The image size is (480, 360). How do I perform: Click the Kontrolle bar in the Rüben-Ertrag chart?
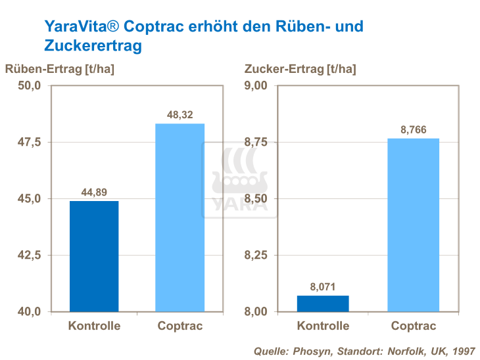pyautogui.click(x=93, y=256)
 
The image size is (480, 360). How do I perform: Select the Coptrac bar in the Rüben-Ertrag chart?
pyautogui.click(x=180, y=217)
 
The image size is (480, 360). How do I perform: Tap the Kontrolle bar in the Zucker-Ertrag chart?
pyautogui.click(x=322, y=304)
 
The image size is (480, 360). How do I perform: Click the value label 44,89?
pyautogui.click(x=95, y=192)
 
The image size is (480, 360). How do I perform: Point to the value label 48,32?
pyautogui.click(x=180, y=115)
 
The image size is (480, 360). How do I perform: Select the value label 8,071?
pyautogui.click(x=322, y=286)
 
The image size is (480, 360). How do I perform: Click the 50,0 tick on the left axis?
pyautogui.click(x=29, y=86)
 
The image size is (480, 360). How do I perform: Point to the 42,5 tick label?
pyautogui.click(x=29, y=255)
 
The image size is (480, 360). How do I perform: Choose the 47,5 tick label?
pyautogui.click(x=29, y=143)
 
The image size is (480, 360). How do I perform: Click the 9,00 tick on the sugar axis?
pyautogui.click(x=256, y=86)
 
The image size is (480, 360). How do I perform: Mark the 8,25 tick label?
pyautogui.click(x=256, y=255)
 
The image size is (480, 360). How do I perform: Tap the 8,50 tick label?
pyautogui.click(x=256, y=198)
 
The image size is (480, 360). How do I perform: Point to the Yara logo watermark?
pyautogui.click(x=240, y=179)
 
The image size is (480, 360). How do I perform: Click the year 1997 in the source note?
pyautogui.click(x=462, y=351)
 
